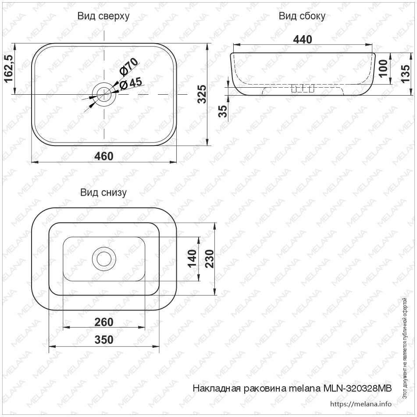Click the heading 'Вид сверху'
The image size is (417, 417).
pyautogui.click(x=103, y=17)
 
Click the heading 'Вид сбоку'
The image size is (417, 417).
pyautogui.click(x=302, y=17)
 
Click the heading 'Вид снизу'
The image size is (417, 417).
pyautogui.click(x=103, y=192)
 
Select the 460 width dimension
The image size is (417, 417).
pyautogui.click(x=104, y=156)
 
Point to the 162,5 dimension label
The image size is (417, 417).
pyautogui.click(x=8, y=69)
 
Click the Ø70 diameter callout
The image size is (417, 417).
pyautogui.click(x=129, y=66)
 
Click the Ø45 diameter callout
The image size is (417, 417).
pyautogui.click(x=131, y=83)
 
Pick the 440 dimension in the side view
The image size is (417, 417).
pyautogui.click(x=303, y=39)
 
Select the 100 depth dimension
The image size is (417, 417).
pyautogui.click(x=383, y=69)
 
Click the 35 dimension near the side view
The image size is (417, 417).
pyautogui.click(x=223, y=111)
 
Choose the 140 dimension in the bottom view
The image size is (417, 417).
pyautogui.click(x=192, y=259)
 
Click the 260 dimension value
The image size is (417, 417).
pyautogui.click(x=104, y=322)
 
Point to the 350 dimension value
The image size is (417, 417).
pyautogui.click(x=104, y=340)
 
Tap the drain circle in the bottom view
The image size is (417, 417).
pyautogui.click(x=104, y=259)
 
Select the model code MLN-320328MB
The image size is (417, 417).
pyautogui.click(x=357, y=388)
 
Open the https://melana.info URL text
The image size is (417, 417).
pyautogui.click(x=360, y=404)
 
